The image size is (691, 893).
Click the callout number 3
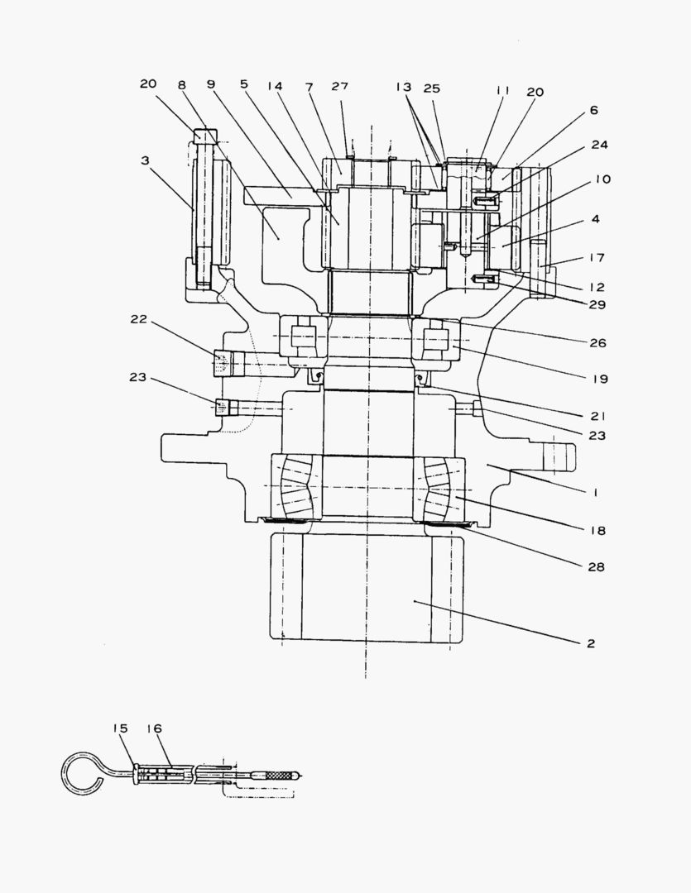[145, 161]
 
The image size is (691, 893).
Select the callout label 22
[138, 319]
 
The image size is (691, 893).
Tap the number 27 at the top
[339, 85]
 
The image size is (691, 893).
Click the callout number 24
[599, 145]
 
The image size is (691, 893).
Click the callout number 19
[599, 379]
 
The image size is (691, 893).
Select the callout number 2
[591, 642]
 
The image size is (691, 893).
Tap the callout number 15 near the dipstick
[121, 728]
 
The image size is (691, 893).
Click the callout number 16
[154, 728]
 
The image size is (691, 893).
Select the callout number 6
[593, 110]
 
